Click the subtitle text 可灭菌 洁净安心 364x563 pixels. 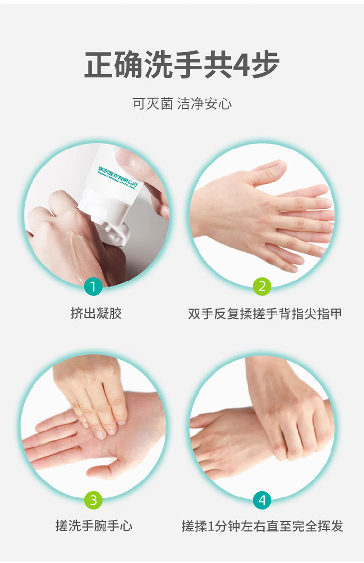coord(182,103)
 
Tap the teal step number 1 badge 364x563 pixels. coord(93,286)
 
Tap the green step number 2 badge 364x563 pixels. coord(262,286)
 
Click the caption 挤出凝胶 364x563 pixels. coord(96,314)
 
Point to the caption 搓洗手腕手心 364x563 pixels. coord(94,526)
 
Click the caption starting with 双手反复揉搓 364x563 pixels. coord(265,314)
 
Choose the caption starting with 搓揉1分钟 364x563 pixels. coord(262,526)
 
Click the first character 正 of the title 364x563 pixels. coord(100,65)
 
